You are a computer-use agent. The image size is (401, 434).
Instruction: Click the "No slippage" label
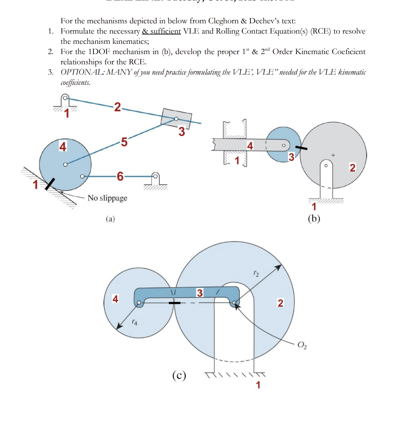[x=107, y=198]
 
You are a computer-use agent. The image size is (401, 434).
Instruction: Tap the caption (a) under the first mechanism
[x=110, y=219]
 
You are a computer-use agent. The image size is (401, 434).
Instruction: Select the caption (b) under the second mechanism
[x=314, y=218]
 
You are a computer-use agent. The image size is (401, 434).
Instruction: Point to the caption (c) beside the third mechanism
[x=179, y=376]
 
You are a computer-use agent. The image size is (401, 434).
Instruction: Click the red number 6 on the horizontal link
[x=120, y=176]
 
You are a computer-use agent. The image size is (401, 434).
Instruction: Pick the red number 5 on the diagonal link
[x=124, y=142]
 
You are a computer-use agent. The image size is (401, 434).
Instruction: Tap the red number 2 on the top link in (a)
[x=117, y=107]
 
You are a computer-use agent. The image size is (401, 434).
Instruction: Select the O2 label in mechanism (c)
[x=302, y=345]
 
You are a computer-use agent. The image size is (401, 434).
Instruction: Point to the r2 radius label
[x=256, y=273]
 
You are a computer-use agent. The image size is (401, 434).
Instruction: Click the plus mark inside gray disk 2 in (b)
[x=333, y=155]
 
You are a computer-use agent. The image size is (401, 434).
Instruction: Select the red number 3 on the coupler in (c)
[x=200, y=293]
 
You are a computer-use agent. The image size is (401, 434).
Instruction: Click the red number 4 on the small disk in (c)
[x=115, y=299]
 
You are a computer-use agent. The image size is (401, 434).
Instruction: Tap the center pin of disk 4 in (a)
[x=65, y=164]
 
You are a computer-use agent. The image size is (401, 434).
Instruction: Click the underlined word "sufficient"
[x=166, y=31]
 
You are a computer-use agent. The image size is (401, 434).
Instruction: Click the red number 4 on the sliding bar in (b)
[x=250, y=146]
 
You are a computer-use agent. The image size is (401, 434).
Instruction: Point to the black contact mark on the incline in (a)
[x=50, y=184]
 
